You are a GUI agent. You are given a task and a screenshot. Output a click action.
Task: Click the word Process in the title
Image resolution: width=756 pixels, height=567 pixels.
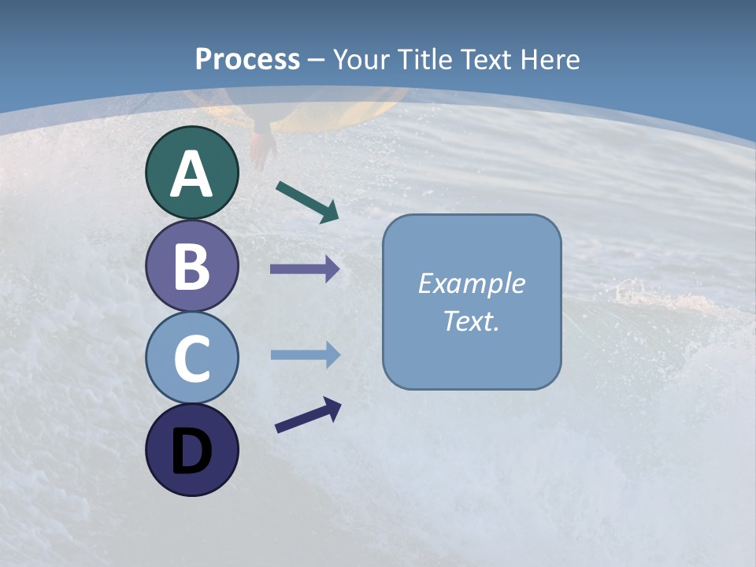click(247, 59)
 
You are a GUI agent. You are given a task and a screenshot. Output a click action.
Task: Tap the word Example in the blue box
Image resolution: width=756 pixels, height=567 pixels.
click(472, 283)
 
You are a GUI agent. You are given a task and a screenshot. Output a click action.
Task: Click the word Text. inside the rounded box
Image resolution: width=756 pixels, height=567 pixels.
click(472, 321)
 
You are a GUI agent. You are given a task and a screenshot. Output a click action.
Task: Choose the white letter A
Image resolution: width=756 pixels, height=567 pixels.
click(191, 174)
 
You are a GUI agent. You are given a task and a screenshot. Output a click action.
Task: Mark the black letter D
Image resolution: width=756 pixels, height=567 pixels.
click(191, 451)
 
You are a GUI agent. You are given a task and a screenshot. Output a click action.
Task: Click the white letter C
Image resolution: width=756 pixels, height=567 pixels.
click(191, 358)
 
